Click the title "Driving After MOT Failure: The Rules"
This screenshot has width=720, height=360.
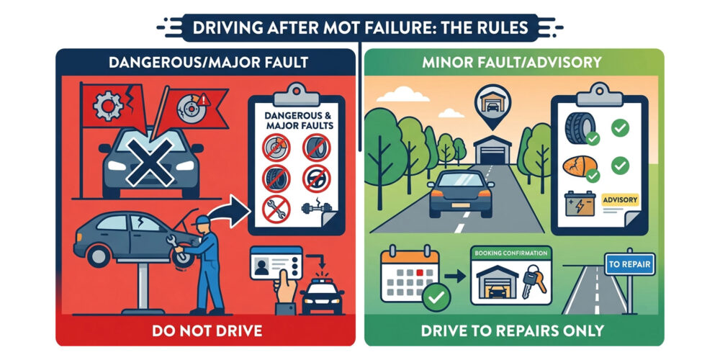[360, 28]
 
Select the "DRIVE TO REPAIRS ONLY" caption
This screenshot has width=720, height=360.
[514, 330]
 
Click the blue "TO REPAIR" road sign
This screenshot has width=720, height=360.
[629, 265]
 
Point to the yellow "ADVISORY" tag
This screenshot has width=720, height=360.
[619, 199]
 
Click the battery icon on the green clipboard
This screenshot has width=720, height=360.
[580, 204]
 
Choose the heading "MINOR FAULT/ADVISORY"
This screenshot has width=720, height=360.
[514, 63]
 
